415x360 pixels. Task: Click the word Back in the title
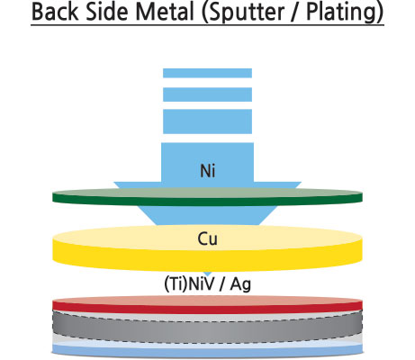click(x=56, y=12)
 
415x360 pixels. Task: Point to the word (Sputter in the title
click(x=242, y=13)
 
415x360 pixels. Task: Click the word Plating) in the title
click(x=345, y=13)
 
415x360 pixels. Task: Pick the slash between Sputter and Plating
click(x=295, y=12)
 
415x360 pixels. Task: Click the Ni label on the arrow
click(x=208, y=171)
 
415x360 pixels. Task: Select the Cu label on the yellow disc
click(x=208, y=239)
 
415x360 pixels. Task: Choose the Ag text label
click(x=240, y=284)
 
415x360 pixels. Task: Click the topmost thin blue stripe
click(x=207, y=73)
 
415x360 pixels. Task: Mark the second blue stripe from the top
click(x=207, y=94)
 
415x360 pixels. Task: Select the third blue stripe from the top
click(x=207, y=121)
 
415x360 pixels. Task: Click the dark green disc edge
click(x=207, y=201)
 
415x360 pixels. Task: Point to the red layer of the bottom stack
click(x=207, y=308)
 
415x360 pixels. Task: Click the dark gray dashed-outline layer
click(x=207, y=329)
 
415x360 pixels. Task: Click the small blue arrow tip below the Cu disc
click(x=208, y=274)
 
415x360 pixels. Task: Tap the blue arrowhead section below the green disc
click(x=207, y=215)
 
